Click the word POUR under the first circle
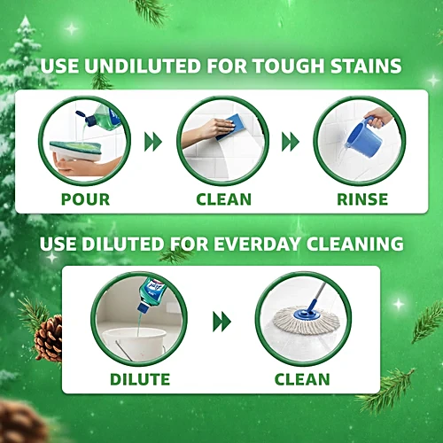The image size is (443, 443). coord(85,199)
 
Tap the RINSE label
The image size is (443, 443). coord(362,199)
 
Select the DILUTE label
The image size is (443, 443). coord(140,379)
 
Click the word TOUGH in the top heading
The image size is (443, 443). coord(289,66)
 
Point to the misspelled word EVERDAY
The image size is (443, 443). coord(253,244)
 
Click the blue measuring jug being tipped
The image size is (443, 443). coord(363,136)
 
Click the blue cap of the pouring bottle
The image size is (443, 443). coord(86,118)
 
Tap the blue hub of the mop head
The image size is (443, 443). coord(306,315)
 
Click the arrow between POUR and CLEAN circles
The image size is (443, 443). coord(153,142)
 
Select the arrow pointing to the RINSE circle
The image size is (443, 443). coord(291,142)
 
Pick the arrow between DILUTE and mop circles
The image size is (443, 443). coord(221,322)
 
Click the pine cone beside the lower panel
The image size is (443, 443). coord(49,338)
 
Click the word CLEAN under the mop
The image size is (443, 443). coord(302,379)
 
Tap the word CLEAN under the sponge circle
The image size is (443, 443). coord(224,199)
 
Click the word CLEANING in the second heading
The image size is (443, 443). coord(354,244)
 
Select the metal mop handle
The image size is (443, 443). coord(318,294)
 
